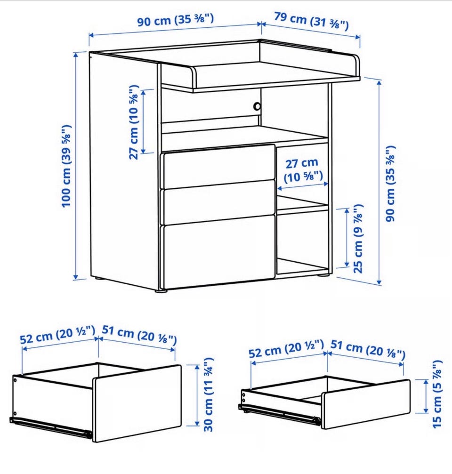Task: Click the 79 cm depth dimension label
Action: point(311,21)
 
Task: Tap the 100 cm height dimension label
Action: point(66,166)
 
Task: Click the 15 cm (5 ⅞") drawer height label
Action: point(437,394)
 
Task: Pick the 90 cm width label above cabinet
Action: point(175,20)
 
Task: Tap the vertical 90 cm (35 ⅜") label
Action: point(390,184)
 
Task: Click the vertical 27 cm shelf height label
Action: point(133,122)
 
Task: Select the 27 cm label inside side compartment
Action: point(303,170)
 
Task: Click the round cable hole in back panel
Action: point(257,106)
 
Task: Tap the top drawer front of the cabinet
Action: point(218,167)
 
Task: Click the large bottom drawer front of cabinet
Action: point(218,251)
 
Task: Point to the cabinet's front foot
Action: point(161,291)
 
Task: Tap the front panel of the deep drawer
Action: point(137,403)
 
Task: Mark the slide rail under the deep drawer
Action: point(50,427)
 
